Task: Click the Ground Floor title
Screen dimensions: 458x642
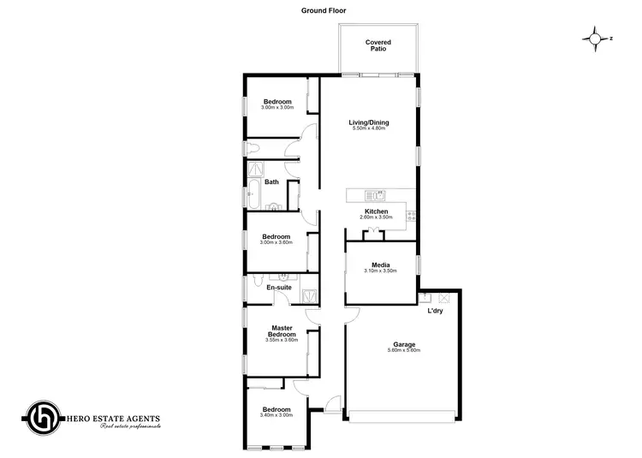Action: coord(324,11)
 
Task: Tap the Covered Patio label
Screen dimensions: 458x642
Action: coord(377,45)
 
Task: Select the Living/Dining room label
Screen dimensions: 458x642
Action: coord(369,122)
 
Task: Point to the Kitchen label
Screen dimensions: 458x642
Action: coord(377,211)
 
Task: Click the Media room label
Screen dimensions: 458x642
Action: coord(381,265)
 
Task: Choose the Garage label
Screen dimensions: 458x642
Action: coord(404,344)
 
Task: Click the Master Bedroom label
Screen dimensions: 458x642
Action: coord(282,330)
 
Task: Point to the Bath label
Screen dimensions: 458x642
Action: coord(271,181)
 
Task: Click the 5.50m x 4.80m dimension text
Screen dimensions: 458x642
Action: coord(369,129)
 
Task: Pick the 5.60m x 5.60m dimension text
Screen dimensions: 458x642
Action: coord(404,351)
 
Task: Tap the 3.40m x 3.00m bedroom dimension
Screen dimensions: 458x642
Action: coord(276,415)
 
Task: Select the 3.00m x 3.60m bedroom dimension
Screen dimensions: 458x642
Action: coord(276,243)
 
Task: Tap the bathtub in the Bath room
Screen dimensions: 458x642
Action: coord(253,193)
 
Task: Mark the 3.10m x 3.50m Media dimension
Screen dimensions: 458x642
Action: coord(381,271)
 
